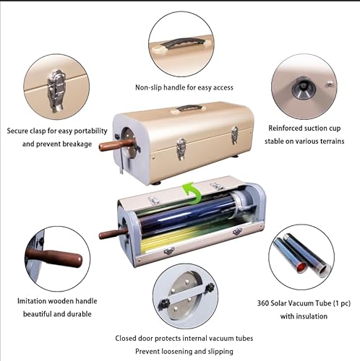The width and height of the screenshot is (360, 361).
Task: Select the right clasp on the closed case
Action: pos(233,134)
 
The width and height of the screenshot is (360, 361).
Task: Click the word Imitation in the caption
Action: pos(34,300)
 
